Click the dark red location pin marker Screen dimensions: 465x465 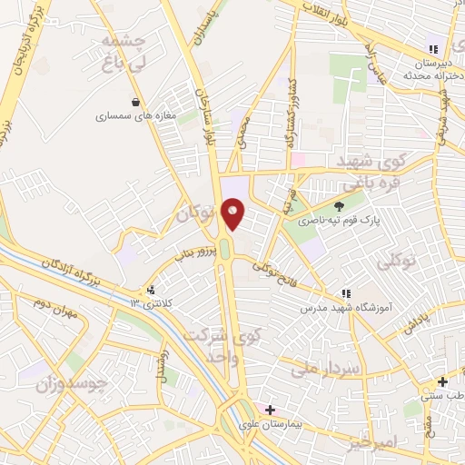coord(233,213)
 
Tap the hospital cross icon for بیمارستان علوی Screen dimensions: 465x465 coord(270,410)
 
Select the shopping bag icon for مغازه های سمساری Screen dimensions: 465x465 coord(135,102)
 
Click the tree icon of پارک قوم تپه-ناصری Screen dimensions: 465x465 coord(340,205)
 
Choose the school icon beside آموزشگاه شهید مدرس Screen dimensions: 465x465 coord(345,293)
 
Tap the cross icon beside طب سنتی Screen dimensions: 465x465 coord(441,382)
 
